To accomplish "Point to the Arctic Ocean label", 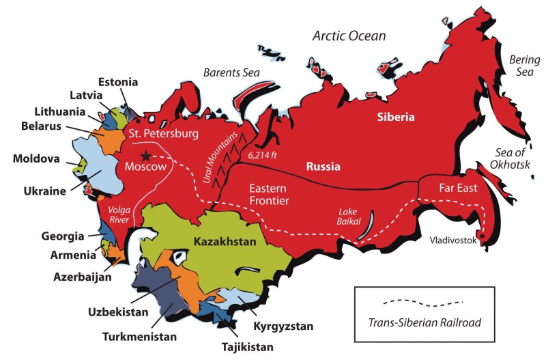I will tap(349, 36).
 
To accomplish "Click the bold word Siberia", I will tap(396, 117).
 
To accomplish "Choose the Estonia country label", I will tap(118, 82).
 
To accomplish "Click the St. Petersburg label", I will tap(162, 133).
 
